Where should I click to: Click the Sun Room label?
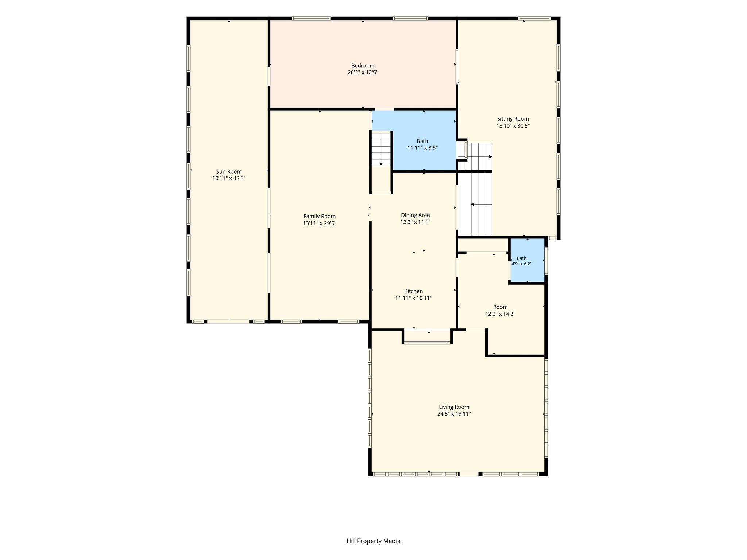coord(229,172)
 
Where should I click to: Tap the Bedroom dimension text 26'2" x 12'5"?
coord(363,73)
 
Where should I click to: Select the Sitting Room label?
coord(513,119)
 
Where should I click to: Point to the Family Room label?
coord(320,217)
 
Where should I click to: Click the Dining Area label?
coord(415,215)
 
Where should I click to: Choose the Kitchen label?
coord(414,291)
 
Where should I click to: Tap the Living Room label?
coord(454,407)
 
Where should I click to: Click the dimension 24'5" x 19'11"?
coord(454,414)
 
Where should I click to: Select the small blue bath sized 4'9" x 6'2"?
coord(527,260)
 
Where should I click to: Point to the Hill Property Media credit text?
coord(373,541)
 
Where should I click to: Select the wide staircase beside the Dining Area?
coord(475,189)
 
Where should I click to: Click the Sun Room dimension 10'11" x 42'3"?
coord(229,179)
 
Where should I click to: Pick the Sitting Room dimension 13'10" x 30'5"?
coord(513,126)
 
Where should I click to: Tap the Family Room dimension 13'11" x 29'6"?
coord(320,223)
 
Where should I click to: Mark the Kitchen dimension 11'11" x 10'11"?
coord(414,298)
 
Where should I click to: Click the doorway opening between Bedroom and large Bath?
coord(384,109)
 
